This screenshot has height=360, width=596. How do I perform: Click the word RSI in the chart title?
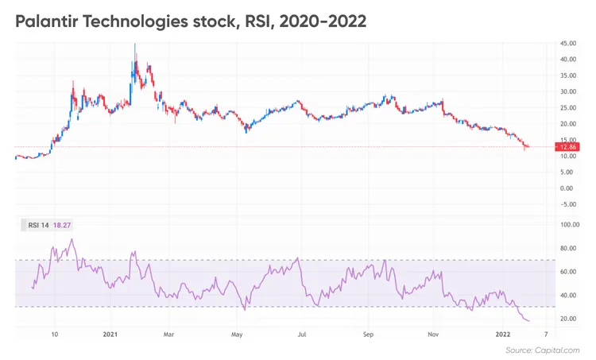(259, 21)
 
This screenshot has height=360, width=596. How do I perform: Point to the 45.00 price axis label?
(568, 43)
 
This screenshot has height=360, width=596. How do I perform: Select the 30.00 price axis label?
(568, 91)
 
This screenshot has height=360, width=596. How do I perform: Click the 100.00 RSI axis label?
(568, 225)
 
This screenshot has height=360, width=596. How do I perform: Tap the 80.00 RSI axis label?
(568, 249)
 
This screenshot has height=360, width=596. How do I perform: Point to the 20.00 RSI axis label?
(568, 319)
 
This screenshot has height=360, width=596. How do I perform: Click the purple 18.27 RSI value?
(61, 226)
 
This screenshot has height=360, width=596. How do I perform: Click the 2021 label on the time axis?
(110, 335)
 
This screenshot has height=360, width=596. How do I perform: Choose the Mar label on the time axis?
(168, 335)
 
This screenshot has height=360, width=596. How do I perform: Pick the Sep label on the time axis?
(367, 335)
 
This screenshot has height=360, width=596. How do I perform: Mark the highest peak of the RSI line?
(72, 239)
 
